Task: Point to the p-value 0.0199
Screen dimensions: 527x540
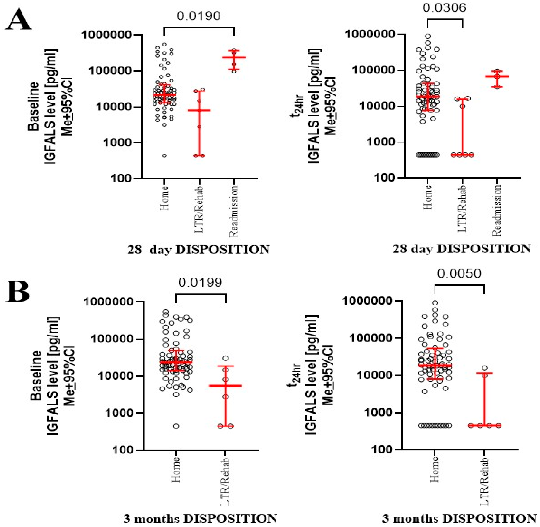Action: [x=200, y=282]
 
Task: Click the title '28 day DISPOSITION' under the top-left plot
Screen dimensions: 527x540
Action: [x=198, y=250]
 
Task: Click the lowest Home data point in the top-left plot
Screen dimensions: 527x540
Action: [x=164, y=155]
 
